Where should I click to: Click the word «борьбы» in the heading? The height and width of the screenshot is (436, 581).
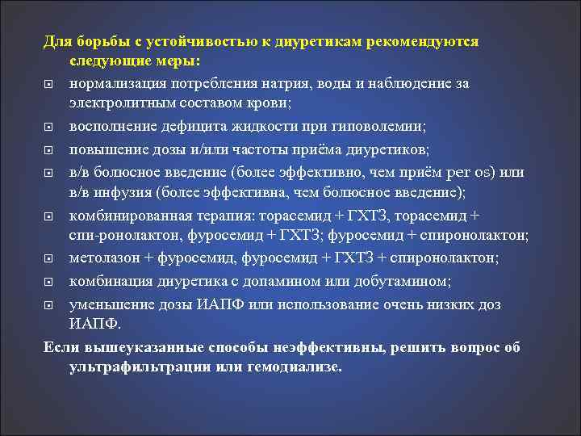(x=101, y=41)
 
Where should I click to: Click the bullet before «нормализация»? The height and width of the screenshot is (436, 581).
(x=49, y=84)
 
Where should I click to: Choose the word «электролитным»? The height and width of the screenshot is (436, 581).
(x=121, y=103)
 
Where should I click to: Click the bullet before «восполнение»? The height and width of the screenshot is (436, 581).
(x=49, y=127)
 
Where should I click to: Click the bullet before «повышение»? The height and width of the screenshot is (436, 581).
(x=49, y=149)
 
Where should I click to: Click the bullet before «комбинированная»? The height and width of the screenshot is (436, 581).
(x=49, y=215)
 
